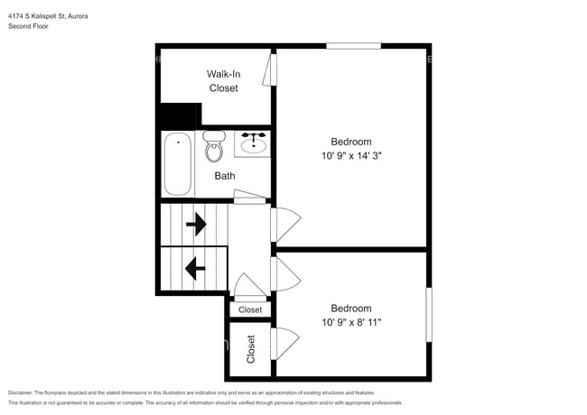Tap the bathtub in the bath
point(177,164)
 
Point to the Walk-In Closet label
point(223,81)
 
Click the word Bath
point(225,176)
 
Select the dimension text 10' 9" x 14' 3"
point(350,155)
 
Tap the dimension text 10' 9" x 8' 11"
point(350,322)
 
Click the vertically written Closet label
point(251,349)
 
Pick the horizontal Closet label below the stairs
point(250,309)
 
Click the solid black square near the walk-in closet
point(179,116)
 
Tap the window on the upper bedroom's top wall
point(353,46)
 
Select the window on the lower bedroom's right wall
point(428,314)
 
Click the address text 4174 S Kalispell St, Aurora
point(49,15)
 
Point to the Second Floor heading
point(29,26)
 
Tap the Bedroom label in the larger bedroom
point(350,142)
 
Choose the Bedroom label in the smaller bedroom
point(350,309)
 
